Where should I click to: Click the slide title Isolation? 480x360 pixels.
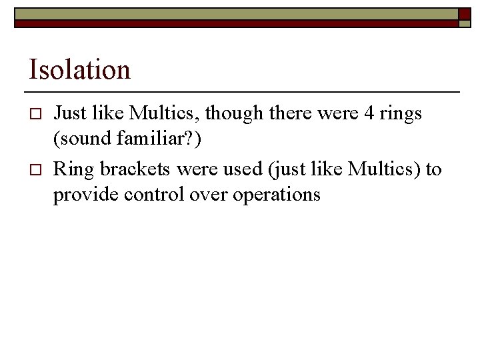79,69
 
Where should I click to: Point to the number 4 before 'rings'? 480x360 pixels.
368,114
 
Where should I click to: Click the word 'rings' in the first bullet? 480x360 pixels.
401,114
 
